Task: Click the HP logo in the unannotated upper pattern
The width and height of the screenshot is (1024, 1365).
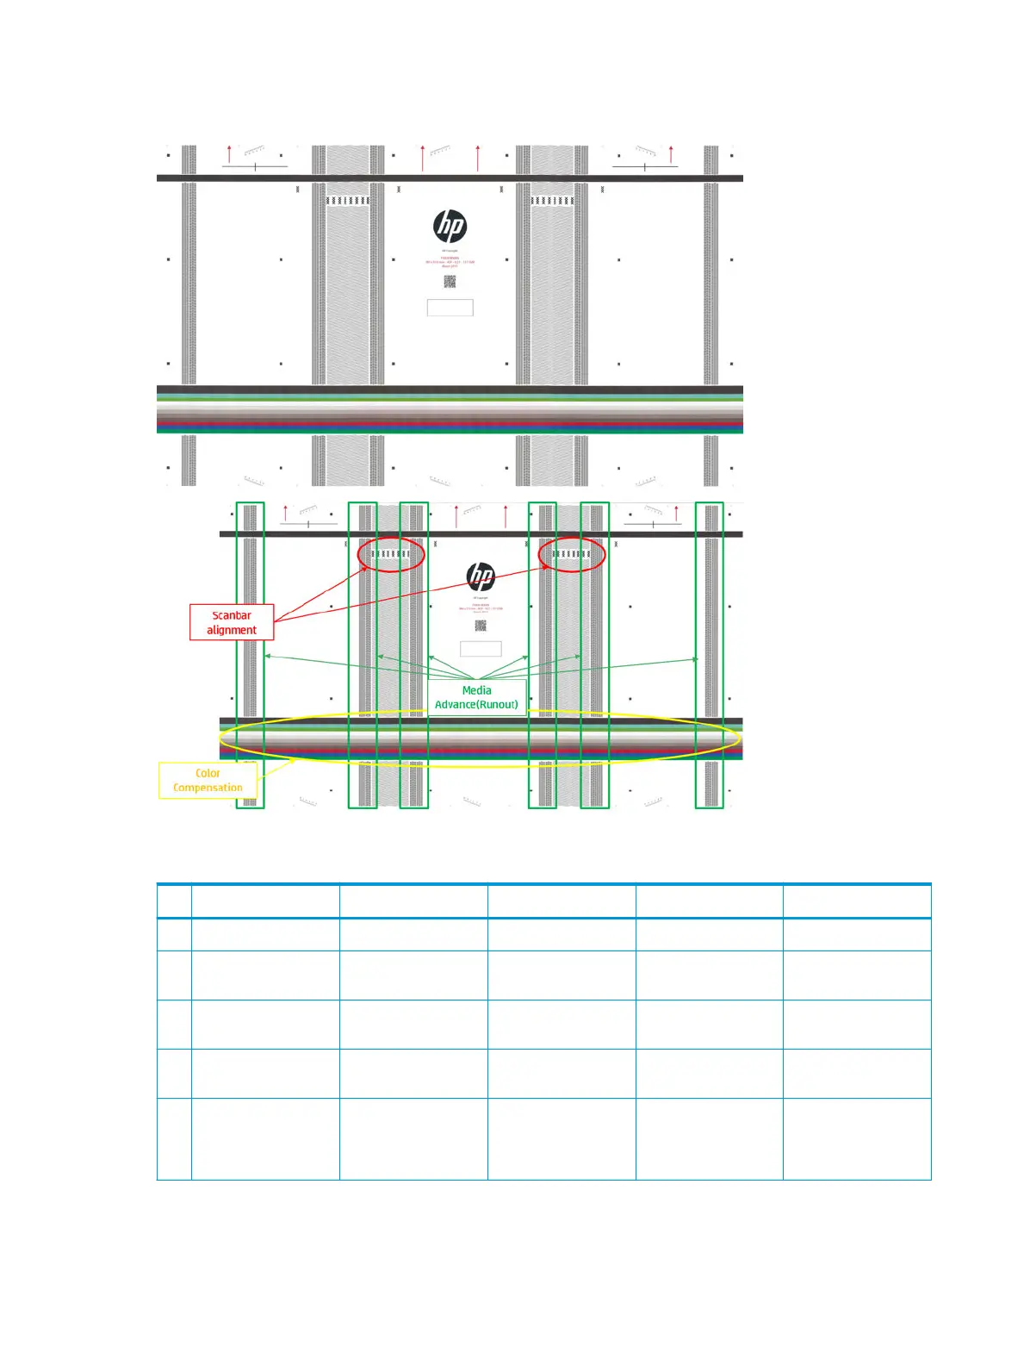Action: click(450, 227)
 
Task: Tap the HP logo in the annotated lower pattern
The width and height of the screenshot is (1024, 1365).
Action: click(481, 577)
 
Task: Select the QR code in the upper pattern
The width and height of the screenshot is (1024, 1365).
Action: click(450, 282)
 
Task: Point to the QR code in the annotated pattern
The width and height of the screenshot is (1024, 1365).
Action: click(481, 626)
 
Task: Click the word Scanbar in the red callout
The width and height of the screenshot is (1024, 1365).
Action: click(232, 615)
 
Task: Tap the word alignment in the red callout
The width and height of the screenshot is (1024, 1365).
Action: click(232, 630)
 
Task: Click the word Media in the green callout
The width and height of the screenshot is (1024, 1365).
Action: click(476, 690)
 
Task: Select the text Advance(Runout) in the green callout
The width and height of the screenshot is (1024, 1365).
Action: click(476, 705)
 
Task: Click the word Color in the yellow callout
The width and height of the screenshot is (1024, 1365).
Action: click(208, 773)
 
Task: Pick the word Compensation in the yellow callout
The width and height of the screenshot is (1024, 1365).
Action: click(208, 788)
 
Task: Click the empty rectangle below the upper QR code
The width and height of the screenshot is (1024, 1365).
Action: click(450, 308)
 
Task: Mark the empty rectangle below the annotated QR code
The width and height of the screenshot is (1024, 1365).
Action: click(481, 648)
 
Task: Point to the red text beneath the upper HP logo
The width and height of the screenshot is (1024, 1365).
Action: click(450, 262)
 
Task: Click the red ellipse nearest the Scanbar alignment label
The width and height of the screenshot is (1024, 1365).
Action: click(391, 554)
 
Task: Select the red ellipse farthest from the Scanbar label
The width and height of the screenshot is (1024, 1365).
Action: click(572, 554)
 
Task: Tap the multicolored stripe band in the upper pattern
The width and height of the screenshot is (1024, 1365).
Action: click(450, 414)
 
